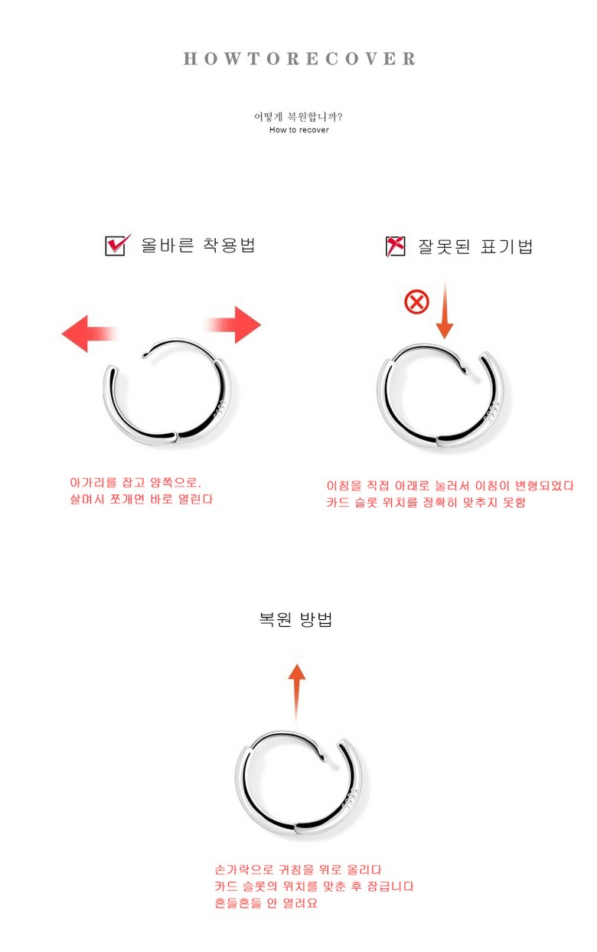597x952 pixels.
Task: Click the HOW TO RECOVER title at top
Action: tap(299, 59)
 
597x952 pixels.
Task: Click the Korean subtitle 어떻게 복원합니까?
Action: tap(298, 116)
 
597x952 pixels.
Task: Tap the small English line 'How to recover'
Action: tap(298, 130)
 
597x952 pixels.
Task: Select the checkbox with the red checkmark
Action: tap(118, 245)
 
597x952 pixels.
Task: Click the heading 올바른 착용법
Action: tap(198, 245)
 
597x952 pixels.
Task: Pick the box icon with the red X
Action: tap(395, 246)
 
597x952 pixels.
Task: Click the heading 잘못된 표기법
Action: tap(475, 246)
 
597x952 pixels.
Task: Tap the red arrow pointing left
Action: tap(90, 334)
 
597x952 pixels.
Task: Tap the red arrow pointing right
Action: tap(233, 324)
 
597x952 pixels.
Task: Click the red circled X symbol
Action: tap(416, 302)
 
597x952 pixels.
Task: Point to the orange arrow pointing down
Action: tap(445, 308)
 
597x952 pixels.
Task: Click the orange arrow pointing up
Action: tap(297, 693)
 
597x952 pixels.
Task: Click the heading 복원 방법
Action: tap(295, 620)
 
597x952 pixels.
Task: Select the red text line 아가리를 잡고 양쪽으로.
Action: tap(135, 482)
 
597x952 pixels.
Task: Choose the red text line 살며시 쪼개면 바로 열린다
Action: tap(141, 499)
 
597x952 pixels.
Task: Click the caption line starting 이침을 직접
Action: tap(450, 486)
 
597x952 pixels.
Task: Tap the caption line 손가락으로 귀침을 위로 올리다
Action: tap(298, 869)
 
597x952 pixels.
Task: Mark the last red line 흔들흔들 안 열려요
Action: tap(266, 903)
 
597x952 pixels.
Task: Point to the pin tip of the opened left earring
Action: tap(145, 354)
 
